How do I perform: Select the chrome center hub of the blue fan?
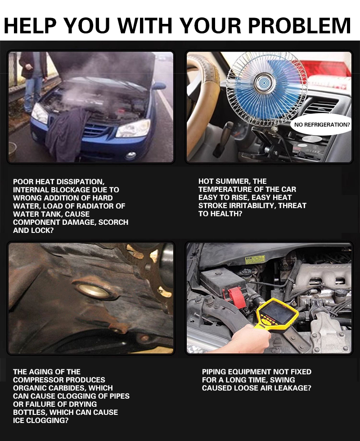[262, 83]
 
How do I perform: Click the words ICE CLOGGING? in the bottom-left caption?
[41, 420]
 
